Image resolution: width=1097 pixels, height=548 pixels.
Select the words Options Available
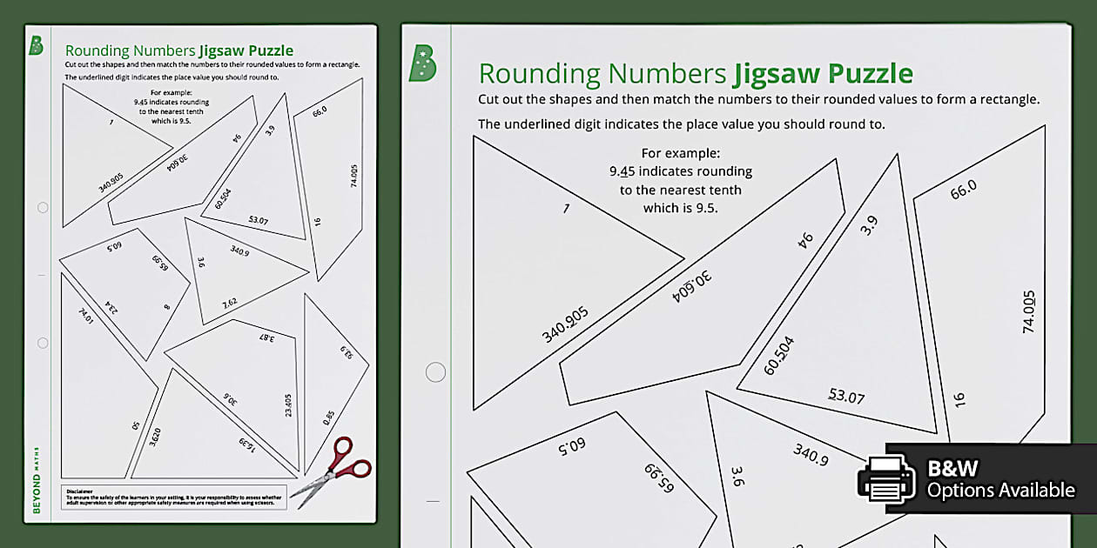tap(1000, 491)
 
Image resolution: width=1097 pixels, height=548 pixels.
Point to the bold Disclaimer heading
tap(79, 491)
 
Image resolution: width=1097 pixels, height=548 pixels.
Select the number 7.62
tap(229, 304)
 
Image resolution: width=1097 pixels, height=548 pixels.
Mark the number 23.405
tap(288, 406)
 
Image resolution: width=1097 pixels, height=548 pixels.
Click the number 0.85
tap(328, 418)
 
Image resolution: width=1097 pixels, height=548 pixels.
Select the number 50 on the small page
tap(136, 426)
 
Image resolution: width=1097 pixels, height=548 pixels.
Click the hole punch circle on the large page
tap(435, 372)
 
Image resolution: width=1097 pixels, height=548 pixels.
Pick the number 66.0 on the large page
tap(963, 189)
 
